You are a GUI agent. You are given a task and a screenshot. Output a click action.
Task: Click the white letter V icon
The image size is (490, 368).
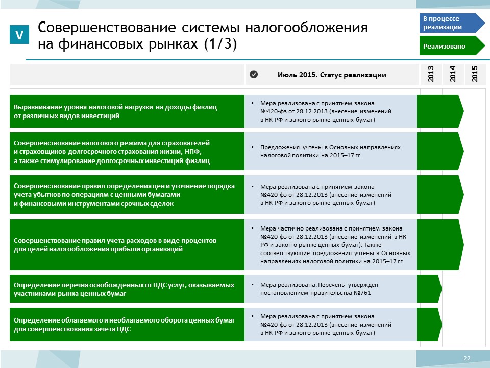tap(19, 34)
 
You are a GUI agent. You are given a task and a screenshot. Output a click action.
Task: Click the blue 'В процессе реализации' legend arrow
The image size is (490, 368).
tap(452, 23)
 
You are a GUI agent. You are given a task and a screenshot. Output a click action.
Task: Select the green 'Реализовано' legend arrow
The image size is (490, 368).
tap(452, 45)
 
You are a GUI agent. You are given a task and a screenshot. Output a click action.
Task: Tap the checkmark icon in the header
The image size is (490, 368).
tap(254, 74)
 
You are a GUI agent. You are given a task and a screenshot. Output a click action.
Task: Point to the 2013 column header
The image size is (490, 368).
tap(431, 74)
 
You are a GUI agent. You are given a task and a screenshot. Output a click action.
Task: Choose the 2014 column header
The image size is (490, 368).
tap(453, 74)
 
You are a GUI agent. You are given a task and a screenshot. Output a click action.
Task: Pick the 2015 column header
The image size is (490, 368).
tap(475, 74)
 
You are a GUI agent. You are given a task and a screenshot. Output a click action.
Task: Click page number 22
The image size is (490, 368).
tap(467, 358)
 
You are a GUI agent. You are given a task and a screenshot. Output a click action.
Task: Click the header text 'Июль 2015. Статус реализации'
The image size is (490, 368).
tap(332, 75)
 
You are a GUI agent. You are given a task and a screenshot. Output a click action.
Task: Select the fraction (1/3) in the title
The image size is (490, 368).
tap(220, 43)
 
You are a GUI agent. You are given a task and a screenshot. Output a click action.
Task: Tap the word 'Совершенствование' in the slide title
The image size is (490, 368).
tap(107, 28)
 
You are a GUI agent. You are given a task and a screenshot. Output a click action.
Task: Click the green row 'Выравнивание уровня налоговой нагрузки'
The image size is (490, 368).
tap(127, 111)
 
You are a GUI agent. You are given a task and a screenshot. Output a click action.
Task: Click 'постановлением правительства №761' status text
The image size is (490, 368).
tap(315, 293)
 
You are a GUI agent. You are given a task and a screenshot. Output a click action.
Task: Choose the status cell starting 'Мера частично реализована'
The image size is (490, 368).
tap(331, 245)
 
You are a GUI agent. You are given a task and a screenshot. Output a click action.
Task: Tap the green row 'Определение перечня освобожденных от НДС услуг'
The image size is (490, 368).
tap(127, 289)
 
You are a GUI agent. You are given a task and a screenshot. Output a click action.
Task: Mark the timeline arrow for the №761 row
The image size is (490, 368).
tap(429, 289)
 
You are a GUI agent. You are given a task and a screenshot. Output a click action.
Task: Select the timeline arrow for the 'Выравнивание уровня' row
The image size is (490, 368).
tap(440, 111)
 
